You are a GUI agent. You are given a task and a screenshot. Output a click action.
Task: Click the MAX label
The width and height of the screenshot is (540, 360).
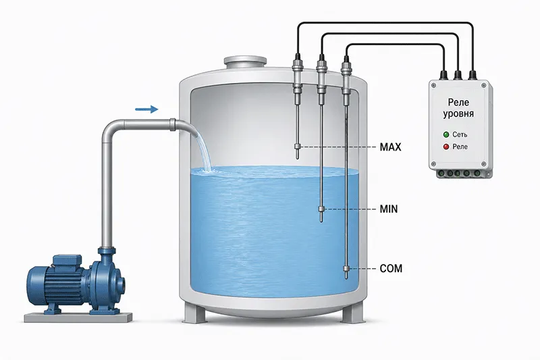tap(390, 147)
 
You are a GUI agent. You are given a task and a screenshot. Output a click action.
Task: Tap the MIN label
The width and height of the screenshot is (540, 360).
tap(389, 209)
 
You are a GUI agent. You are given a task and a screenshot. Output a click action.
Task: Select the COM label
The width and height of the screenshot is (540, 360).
tap(391, 268)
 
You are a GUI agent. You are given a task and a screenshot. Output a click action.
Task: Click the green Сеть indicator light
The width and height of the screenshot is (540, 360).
tap(446, 134)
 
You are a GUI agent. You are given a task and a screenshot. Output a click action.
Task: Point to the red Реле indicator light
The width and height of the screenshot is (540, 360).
tap(446, 147)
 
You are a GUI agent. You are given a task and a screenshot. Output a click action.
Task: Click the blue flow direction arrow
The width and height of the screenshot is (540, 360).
tap(146, 109)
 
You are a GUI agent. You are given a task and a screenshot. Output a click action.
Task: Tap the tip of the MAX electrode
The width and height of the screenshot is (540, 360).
tap(297, 159)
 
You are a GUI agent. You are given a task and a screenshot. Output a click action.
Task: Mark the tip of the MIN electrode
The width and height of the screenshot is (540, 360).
tap(321, 220)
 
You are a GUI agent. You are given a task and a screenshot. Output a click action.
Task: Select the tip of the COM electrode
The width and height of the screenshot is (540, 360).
tap(346, 278)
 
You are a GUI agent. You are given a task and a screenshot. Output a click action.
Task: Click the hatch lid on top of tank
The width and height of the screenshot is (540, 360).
tap(245, 62)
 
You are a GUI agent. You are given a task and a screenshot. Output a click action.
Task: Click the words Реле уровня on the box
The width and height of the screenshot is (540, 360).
tap(458, 108)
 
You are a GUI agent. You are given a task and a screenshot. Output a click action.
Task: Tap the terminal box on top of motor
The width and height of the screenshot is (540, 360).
tap(67, 261)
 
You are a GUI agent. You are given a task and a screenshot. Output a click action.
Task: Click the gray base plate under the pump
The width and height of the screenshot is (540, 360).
tap(78, 317)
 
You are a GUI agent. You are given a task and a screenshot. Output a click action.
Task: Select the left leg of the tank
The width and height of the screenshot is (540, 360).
tap(194, 311)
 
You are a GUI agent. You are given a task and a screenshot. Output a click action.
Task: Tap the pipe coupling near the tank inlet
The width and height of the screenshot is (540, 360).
tap(172, 125)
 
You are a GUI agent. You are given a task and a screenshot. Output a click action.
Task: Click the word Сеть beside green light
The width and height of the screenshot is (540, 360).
tap(460, 134)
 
